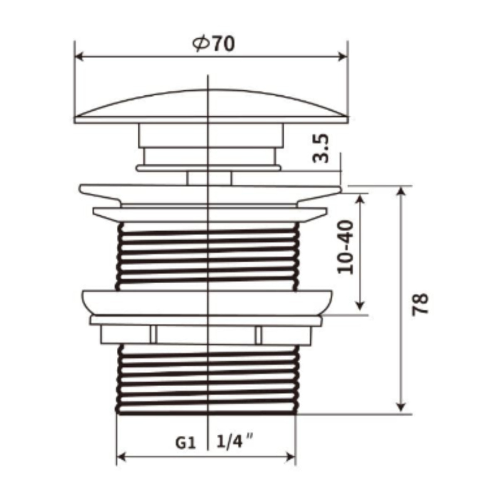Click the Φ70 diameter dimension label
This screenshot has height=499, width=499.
click(x=213, y=44)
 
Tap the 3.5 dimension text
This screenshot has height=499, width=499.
click(x=321, y=148)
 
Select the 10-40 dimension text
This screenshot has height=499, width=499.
click(x=346, y=247)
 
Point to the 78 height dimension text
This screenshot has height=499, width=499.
click(x=420, y=304)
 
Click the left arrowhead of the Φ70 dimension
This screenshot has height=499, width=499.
click(x=78, y=57)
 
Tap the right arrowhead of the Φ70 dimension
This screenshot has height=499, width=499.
click(x=343, y=57)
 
